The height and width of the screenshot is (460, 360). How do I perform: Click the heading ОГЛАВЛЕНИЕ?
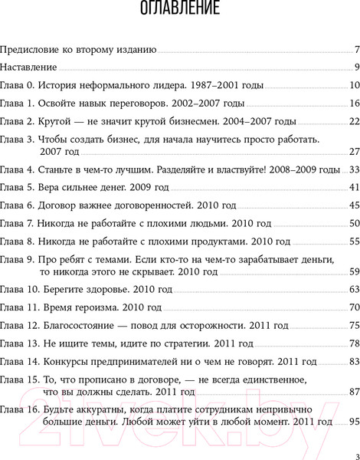coord(181,11)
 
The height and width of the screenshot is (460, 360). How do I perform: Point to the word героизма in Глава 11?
coord(102,307)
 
